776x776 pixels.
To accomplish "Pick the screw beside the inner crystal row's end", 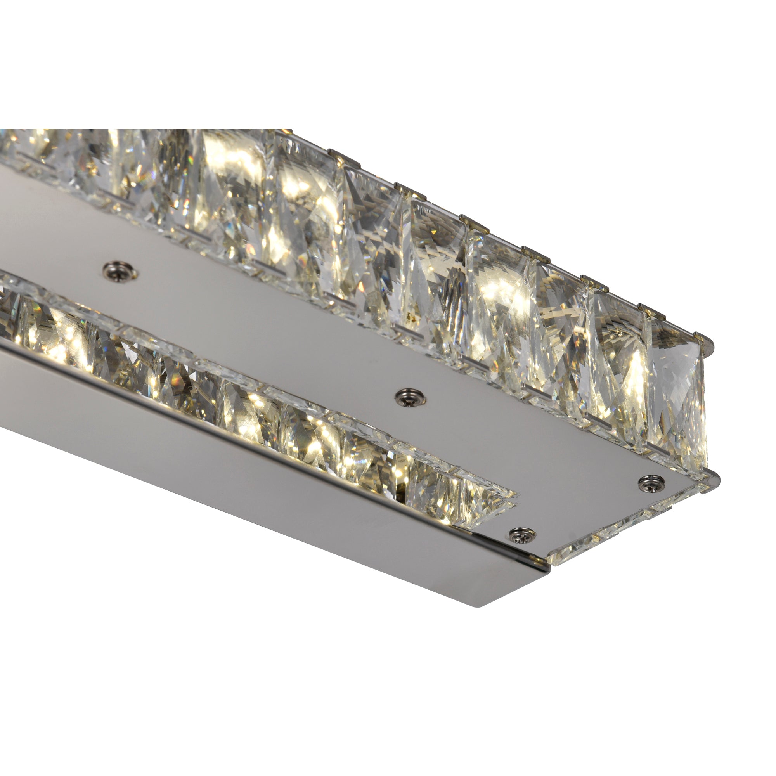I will click(x=522, y=534).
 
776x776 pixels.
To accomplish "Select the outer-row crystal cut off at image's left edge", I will click(x=16, y=149).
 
